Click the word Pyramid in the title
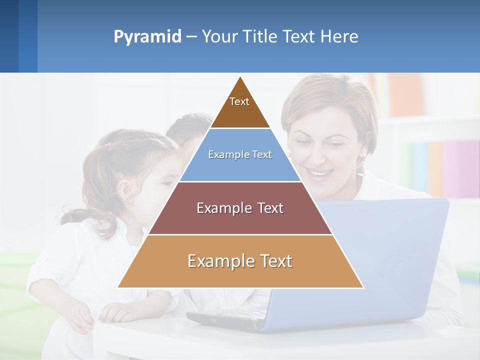147,37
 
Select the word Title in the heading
260,37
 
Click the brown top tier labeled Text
239,107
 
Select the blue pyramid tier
240,155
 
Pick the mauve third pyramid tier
240,208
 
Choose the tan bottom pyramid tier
240,261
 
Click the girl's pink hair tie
110,146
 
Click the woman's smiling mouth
320,174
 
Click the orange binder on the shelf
405,95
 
